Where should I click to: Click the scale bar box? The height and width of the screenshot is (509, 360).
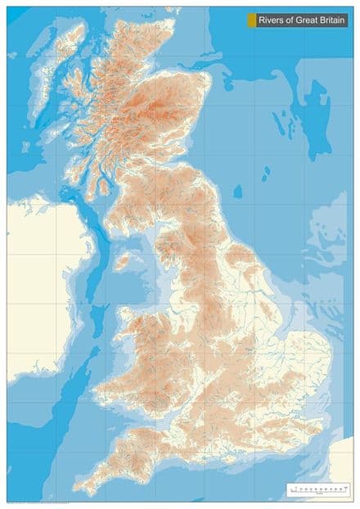pos(319,489)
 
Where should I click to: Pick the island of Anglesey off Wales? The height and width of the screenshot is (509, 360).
pos(129,317)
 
